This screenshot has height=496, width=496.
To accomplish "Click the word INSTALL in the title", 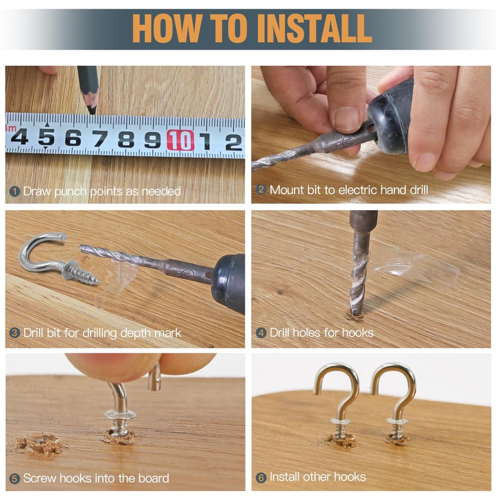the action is (314, 28).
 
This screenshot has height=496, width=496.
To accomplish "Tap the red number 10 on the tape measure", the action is (180, 140).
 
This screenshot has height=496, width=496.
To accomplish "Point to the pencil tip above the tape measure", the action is (92, 111).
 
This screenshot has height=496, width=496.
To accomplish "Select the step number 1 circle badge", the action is (14, 191).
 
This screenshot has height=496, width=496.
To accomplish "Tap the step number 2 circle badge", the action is (260, 190).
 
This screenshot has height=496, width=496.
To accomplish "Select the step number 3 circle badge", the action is (14, 333).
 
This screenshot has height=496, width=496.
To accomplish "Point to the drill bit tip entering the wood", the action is (357, 312).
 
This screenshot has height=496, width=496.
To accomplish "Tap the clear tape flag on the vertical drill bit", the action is (414, 266).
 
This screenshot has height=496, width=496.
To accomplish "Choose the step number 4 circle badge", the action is (260, 333).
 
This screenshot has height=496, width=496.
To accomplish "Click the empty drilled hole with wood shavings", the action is (40, 443).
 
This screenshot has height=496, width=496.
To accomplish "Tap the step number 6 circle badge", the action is (260, 477).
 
